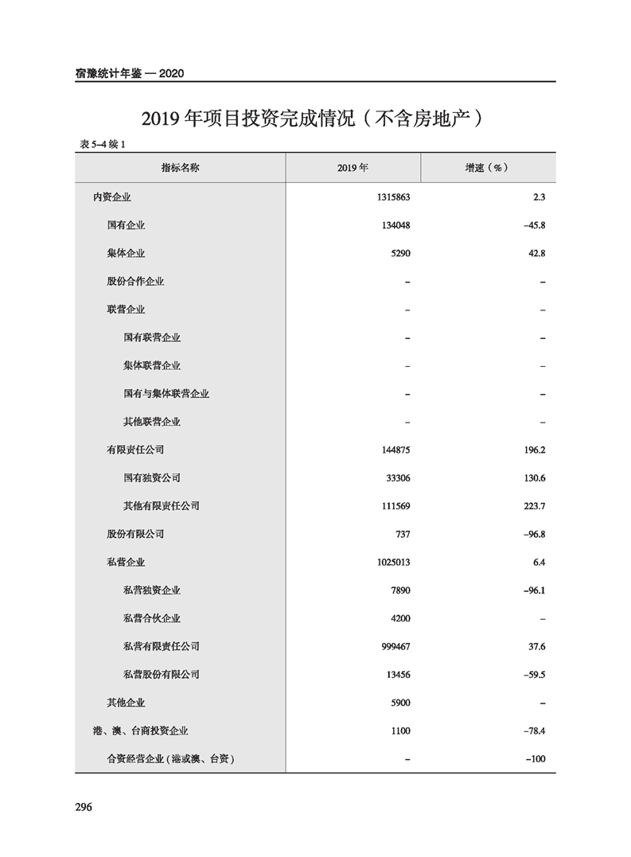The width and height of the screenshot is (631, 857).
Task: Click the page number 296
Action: (x=84, y=807)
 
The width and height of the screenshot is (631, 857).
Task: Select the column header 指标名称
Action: (x=180, y=168)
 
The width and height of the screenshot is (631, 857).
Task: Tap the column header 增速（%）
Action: (x=487, y=168)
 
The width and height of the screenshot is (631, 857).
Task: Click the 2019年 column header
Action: (x=353, y=168)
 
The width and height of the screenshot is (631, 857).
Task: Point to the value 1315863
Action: (x=393, y=197)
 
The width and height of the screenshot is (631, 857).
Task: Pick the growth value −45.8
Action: (x=534, y=225)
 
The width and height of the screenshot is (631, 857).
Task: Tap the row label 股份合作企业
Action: (x=135, y=281)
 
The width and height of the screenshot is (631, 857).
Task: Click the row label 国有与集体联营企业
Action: (x=166, y=393)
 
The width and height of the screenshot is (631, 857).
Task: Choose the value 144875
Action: (x=395, y=450)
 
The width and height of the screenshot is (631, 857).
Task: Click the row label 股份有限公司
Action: (x=135, y=534)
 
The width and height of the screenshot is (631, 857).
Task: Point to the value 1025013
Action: (x=393, y=562)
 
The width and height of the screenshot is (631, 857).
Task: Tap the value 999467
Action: (x=395, y=646)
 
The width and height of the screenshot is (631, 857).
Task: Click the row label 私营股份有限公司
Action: (x=162, y=675)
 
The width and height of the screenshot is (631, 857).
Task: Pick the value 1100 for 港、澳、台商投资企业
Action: (x=400, y=730)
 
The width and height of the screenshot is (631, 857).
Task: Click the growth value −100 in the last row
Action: (x=536, y=759)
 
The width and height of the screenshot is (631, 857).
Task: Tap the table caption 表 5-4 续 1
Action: (x=104, y=144)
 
